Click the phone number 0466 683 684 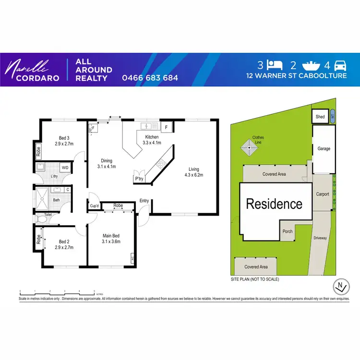[150, 78]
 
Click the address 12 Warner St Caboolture [296, 76]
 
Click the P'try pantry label [139, 179]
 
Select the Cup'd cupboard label [95, 206]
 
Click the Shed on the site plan [319, 117]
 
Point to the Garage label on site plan [324, 149]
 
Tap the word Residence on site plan [274, 204]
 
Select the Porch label [287, 231]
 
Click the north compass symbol [340, 287]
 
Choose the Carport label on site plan [323, 194]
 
